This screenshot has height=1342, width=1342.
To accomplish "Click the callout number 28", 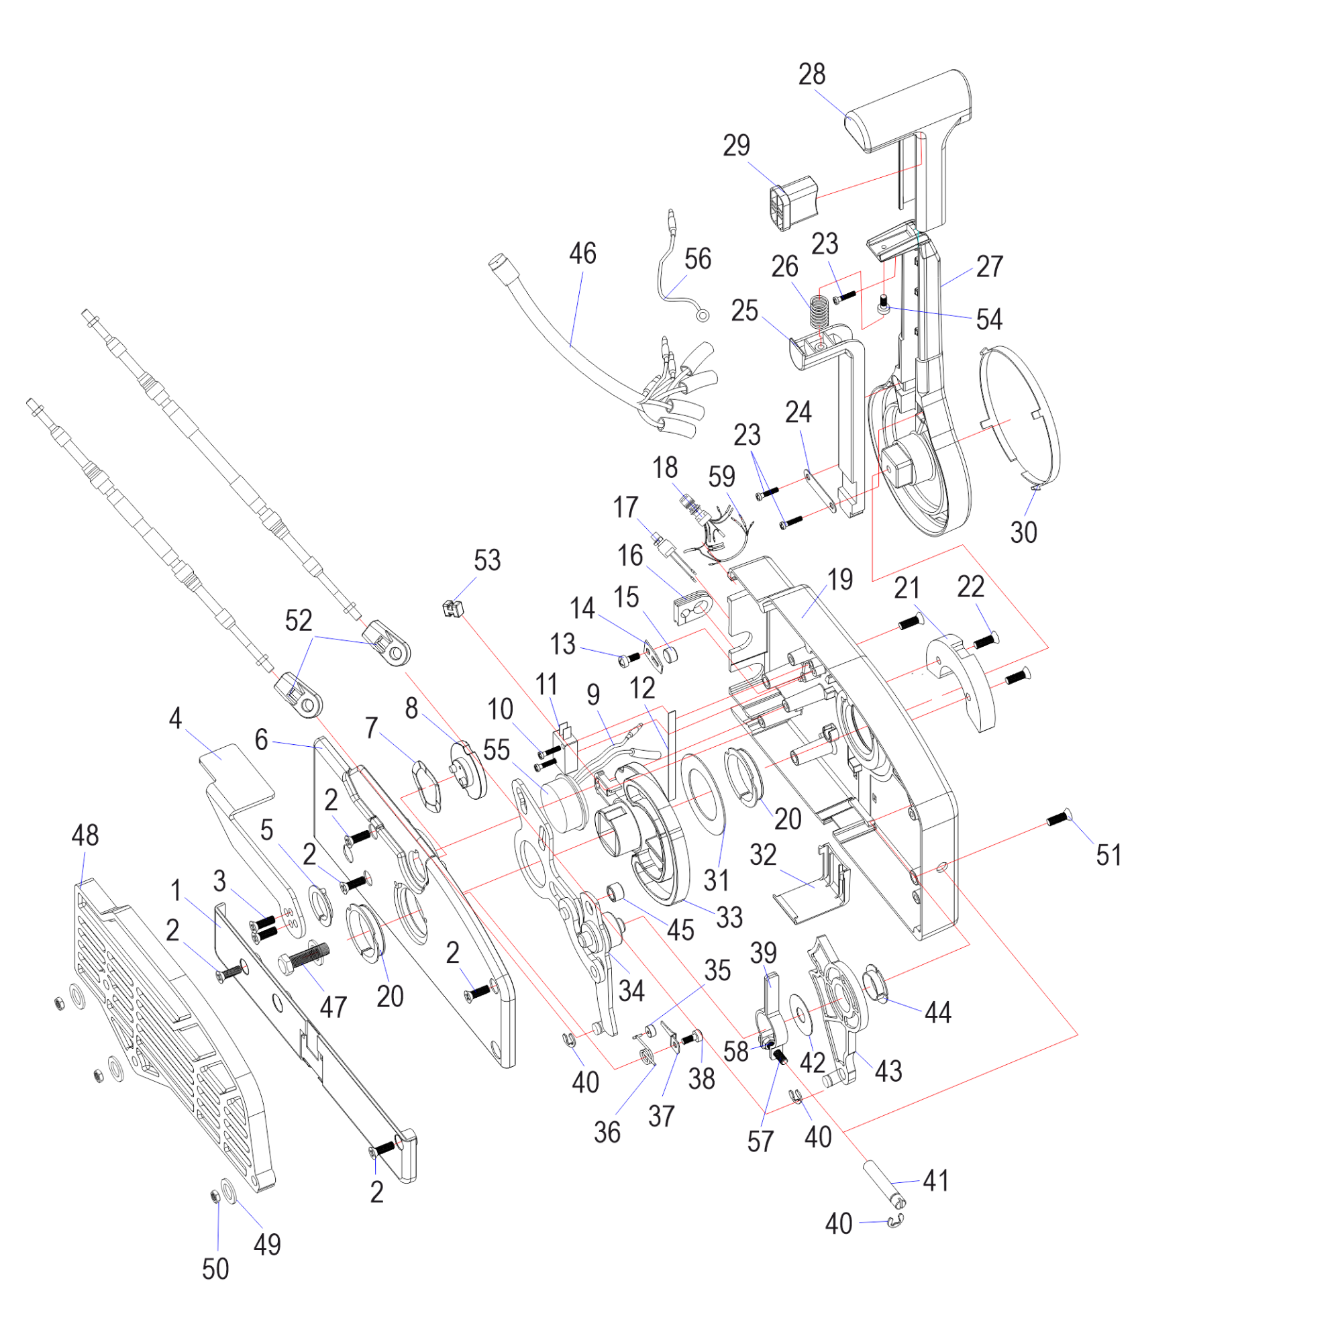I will (x=811, y=74).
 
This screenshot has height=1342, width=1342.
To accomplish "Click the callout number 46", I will (x=582, y=254).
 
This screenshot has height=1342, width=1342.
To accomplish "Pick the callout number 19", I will (x=840, y=579).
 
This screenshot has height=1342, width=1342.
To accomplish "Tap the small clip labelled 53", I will (x=452, y=609).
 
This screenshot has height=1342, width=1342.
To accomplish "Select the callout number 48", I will (x=85, y=835).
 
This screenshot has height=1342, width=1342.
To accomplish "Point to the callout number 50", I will (x=215, y=1269).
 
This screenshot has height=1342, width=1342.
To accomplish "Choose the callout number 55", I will (x=496, y=750).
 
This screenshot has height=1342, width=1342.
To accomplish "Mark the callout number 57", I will (x=760, y=1141).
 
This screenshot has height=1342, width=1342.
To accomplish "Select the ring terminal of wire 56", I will (x=703, y=316).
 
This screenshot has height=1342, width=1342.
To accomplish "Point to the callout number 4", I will (x=175, y=718).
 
